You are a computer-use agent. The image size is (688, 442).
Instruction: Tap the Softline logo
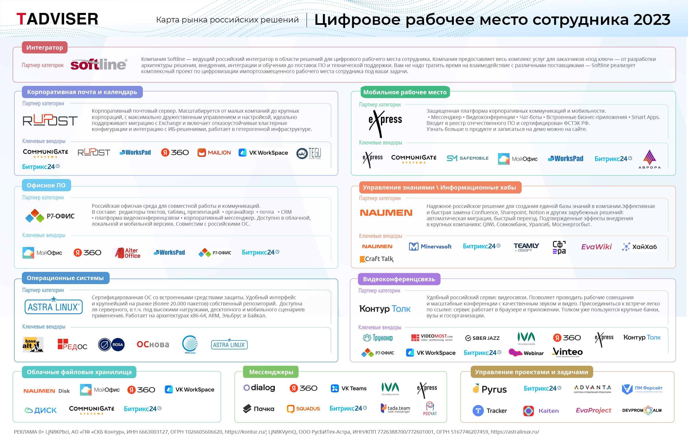(x=99, y=64)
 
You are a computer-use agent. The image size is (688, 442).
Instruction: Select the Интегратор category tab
(x=44, y=47)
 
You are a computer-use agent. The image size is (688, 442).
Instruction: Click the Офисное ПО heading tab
(x=46, y=185)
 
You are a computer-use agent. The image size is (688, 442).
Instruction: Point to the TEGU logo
(x=309, y=153)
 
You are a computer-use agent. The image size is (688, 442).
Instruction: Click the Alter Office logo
(x=128, y=253)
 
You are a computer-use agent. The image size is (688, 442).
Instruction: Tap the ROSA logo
(x=111, y=344)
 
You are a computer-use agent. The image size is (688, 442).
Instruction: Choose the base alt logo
(x=33, y=344)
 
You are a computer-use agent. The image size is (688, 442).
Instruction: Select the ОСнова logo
(x=153, y=344)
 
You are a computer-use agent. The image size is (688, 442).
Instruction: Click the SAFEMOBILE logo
(x=468, y=158)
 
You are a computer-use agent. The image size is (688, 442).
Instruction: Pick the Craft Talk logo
(x=376, y=259)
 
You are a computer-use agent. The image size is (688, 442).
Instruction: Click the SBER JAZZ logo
(x=482, y=338)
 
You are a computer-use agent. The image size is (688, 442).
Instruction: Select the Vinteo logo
(x=567, y=352)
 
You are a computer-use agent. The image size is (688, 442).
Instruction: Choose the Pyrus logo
(x=489, y=389)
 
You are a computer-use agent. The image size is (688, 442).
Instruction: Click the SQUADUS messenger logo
(x=303, y=409)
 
